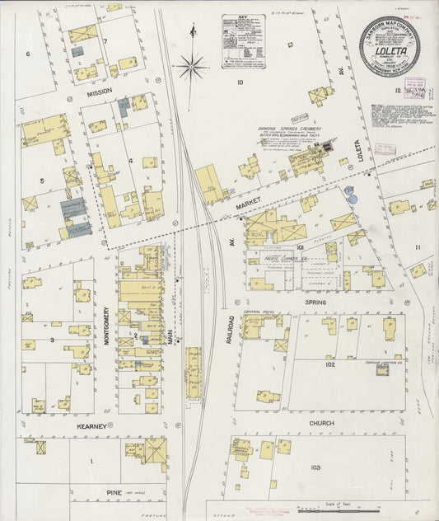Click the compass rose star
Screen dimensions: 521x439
click(x=191, y=63)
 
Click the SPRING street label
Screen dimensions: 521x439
click(x=316, y=303)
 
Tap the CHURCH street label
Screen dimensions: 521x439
click(x=321, y=423)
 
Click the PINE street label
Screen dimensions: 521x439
click(x=114, y=492)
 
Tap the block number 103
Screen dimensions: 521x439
click(x=315, y=467)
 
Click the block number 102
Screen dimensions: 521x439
click(x=331, y=364)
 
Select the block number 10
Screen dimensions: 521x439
click(x=241, y=82)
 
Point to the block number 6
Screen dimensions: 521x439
click(x=27, y=54)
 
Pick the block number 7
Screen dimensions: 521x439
click(x=105, y=41)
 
